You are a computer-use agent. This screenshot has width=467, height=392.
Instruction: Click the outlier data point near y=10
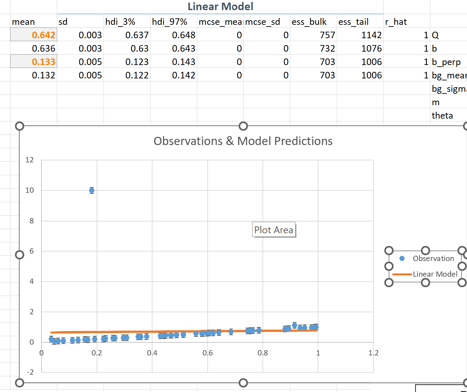click(x=92, y=190)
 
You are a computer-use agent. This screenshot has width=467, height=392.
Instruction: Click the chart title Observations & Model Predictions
click(x=243, y=141)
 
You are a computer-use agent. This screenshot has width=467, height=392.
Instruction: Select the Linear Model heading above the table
click(x=220, y=7)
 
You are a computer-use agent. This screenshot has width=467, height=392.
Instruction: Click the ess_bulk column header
click(x=309, y=22)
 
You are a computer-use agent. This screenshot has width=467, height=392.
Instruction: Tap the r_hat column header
click(x=396, y=22)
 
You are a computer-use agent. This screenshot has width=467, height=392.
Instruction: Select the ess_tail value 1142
click(x=371, y=35)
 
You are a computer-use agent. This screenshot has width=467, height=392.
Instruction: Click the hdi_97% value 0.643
click(x=184, y=48)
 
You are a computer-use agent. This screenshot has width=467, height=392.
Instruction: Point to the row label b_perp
click(x=446, y=62)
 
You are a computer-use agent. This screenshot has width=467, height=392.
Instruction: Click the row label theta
click(x=442, y=115)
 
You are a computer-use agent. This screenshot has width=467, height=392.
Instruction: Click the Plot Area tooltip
click(x=274, y=230)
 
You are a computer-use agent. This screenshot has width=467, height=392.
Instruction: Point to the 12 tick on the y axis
click(x=30, y=160)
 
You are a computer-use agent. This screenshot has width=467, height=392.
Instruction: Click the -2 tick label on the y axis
click(x=30, y=372)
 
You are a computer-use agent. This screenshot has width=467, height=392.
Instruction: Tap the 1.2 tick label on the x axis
click(x=373, y=353)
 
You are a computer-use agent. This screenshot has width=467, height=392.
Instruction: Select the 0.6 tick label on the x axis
click(x=207, y=353)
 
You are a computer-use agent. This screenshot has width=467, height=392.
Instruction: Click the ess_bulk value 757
click(x=327, y=35)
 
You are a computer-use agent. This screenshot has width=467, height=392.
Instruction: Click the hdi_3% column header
click(x=120, y=22)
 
